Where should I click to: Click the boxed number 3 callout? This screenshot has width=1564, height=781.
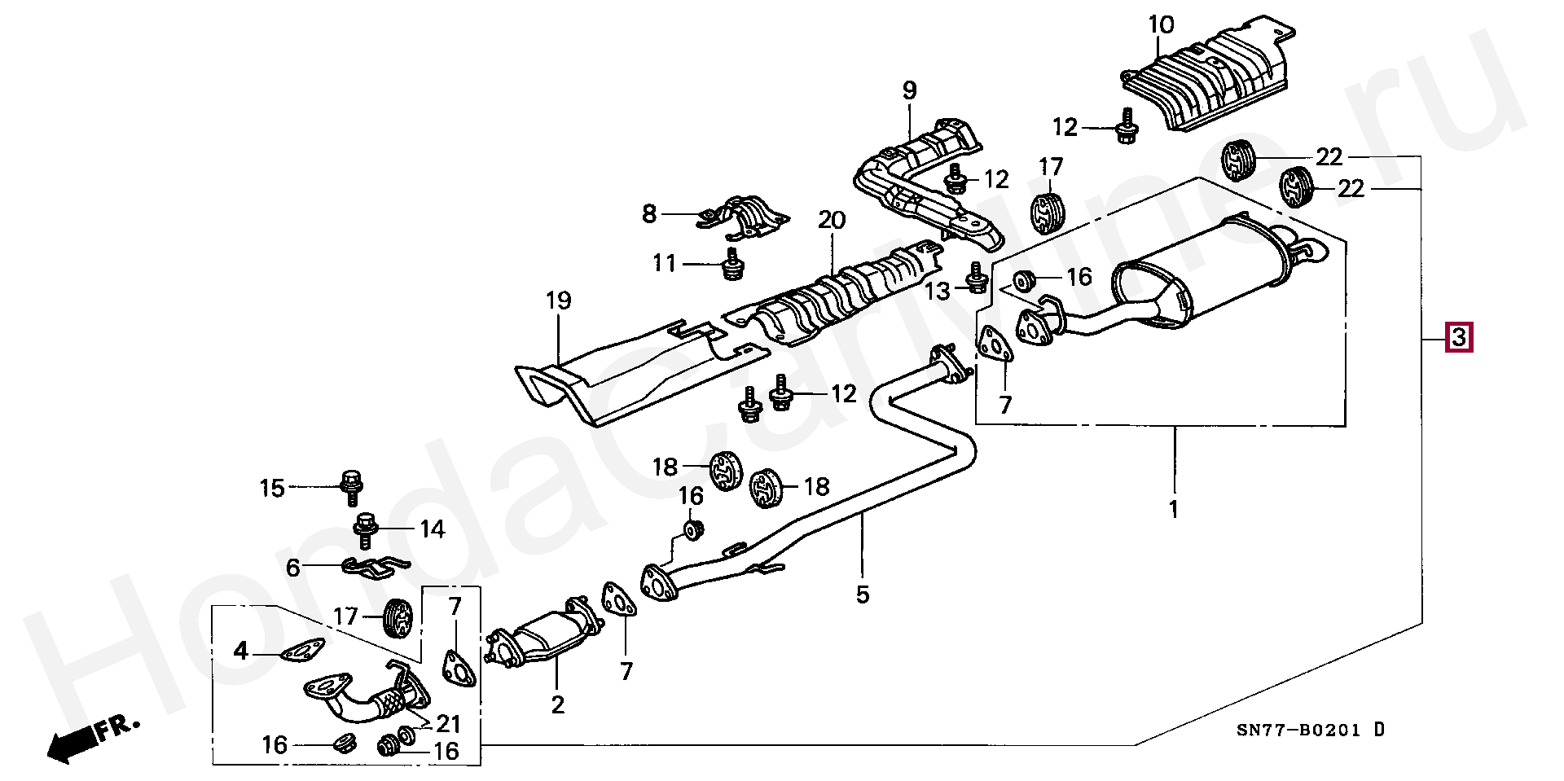[1458, 336]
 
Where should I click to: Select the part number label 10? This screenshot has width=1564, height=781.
[1162, 25]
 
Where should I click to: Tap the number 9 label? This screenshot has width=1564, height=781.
[909, 90]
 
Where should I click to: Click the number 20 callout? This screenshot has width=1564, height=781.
[832, 220]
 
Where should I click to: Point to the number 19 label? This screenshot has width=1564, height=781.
[558, 301]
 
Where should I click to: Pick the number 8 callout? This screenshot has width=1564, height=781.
[648, 214]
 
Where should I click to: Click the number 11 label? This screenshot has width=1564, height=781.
[664, 263]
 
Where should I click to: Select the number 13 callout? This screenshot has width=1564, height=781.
[938, 291]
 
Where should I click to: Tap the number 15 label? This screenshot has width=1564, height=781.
[272, 488]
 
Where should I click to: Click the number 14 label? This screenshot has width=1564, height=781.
[433, 530]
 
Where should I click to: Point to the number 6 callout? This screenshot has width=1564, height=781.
[293, 568]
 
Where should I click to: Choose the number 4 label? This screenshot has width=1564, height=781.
[240, 651]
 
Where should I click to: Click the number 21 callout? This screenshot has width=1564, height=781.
[448, 723]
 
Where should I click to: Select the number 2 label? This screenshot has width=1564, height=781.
[557, 704]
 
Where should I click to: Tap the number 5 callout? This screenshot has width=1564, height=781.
[863, 595]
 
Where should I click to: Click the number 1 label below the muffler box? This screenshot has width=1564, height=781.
[1174, 510]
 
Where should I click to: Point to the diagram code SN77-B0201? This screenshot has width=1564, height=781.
[1298, 731]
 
